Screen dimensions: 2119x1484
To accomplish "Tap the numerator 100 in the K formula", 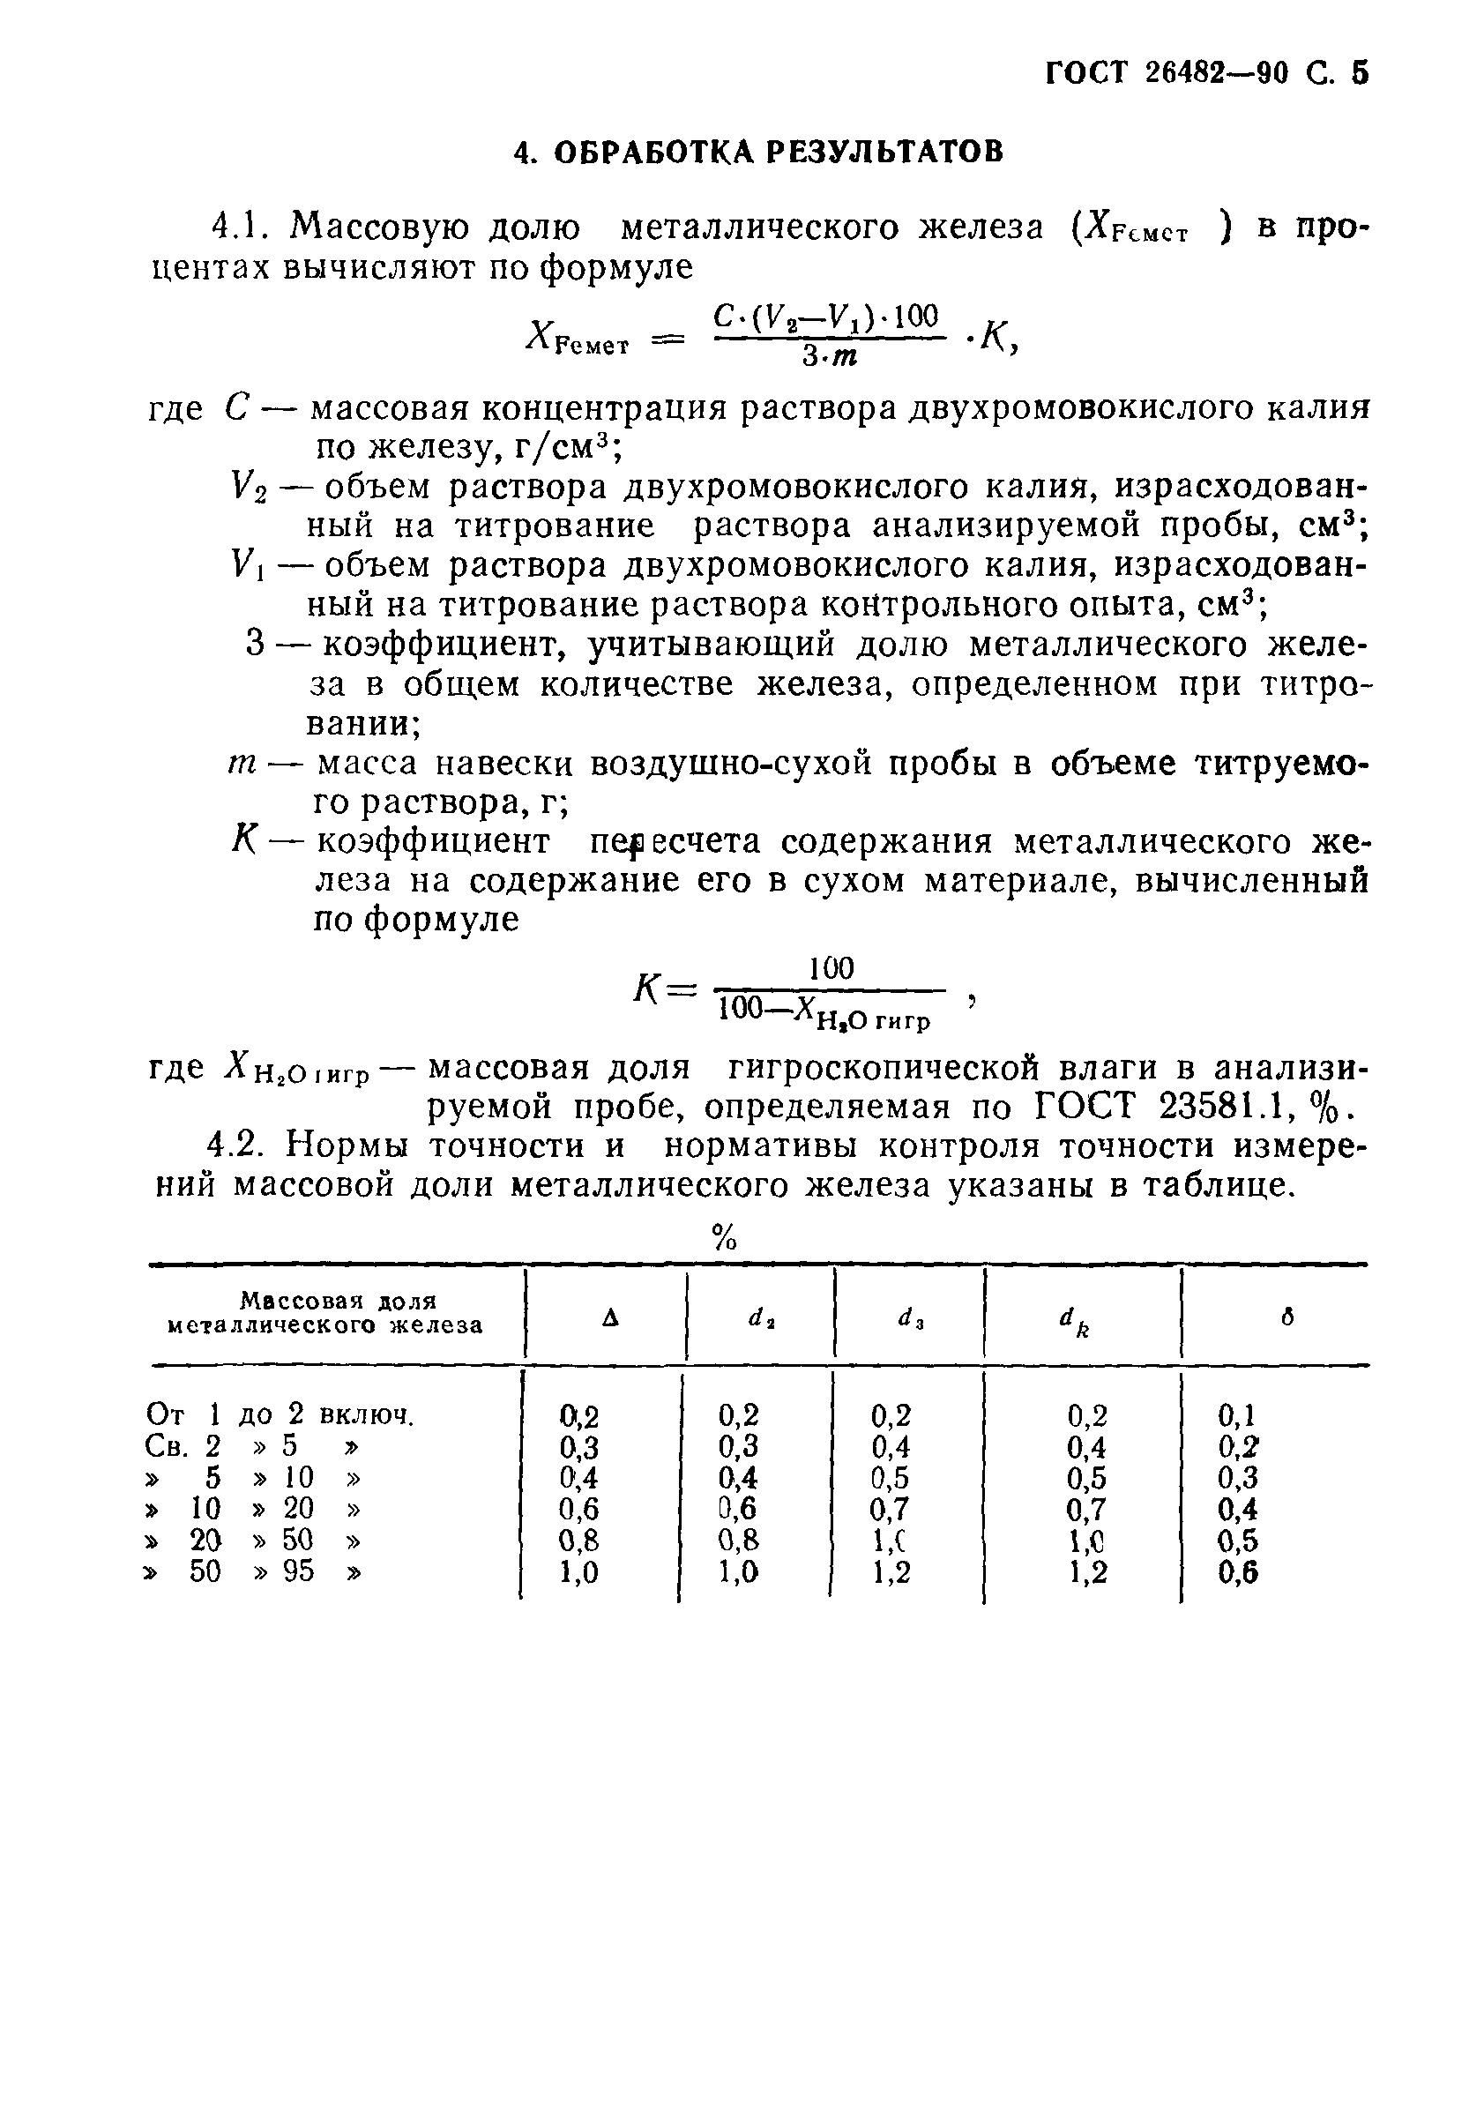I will [831, 968].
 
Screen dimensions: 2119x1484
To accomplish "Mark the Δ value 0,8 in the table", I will [579, 1541].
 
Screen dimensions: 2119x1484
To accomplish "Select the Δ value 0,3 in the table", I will [579, 1447].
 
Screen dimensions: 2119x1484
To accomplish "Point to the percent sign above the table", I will [726, 1236].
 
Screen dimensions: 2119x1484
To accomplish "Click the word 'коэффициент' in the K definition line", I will [433, 842].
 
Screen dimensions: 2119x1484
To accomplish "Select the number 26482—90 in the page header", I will [1215, 73].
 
